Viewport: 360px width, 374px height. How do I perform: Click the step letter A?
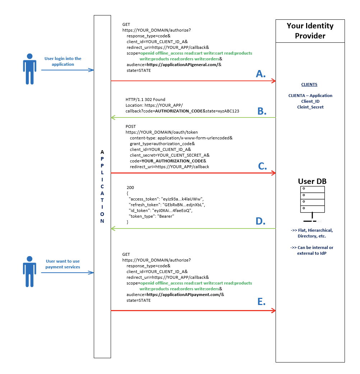coord(260,74)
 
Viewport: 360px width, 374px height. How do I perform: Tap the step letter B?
coord(262,111)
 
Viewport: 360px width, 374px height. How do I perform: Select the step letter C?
coord(262,166)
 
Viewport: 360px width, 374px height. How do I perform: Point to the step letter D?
coord(260,221)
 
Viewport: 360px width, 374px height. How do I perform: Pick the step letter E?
coord(261,302)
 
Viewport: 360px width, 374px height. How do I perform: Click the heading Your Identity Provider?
coord(310,31)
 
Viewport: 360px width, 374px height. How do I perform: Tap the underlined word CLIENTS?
coord(309,84)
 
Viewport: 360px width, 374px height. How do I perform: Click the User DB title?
coord(312,181)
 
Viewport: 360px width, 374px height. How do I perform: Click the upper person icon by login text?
coord(29,69)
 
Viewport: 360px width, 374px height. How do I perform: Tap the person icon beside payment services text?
coord(29,272)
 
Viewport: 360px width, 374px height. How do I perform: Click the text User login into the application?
coord(63,61)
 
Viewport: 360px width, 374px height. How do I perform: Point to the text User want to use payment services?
coord(63,264)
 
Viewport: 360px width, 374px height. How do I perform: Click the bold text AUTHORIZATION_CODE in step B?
coord(179,111)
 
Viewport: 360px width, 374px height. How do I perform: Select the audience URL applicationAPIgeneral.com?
coord(183,65)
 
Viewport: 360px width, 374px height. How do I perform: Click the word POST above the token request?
coord(130,126)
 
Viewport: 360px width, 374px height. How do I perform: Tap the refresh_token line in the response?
coord(167,205)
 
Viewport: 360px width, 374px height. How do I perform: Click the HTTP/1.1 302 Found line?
coord(145,100)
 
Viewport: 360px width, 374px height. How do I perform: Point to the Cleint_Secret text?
coord(310,107)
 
